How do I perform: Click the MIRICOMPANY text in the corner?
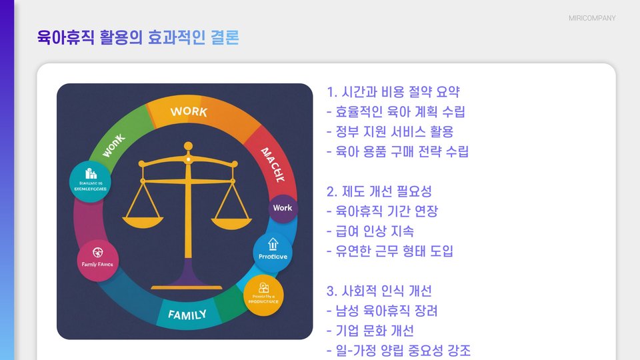click(592, 18)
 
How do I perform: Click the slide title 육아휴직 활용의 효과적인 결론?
click(138, 37)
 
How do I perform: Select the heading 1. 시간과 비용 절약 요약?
click(393, 92)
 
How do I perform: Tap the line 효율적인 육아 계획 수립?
click(396, 112)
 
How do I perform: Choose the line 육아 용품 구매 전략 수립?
click(398, 152)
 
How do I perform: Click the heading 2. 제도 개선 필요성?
click(379, 192)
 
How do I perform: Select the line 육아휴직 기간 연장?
click(383, 212)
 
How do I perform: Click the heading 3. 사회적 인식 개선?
click(379, 291)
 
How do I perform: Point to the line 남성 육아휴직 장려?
click(383, 311)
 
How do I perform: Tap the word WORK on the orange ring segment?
click(189, 112)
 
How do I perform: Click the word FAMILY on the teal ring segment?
click(187, 314)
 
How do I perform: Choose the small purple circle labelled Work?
click(282, 208)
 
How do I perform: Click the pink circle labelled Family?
click(97, 261)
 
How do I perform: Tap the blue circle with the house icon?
click(272, 252)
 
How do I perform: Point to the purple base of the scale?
click(187, 276)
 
